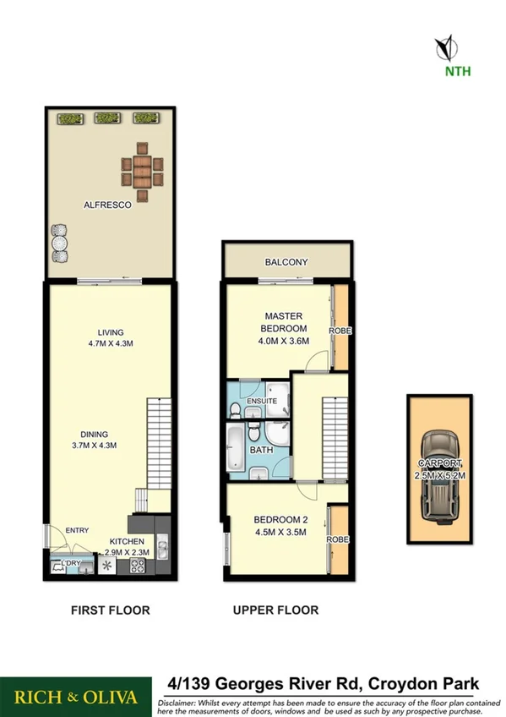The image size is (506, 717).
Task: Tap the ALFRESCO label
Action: [106, 205]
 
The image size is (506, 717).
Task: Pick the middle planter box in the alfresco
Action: [106, 118]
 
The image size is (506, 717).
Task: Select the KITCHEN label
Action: [125, 541]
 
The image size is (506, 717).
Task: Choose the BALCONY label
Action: [286, 262]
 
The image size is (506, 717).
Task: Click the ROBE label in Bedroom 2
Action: [340, 539]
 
